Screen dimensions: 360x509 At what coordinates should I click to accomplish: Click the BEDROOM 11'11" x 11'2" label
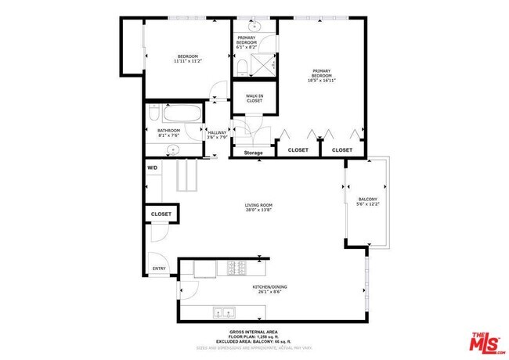coord(187,59)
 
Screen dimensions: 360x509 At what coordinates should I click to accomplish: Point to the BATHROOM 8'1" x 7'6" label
coord(168,132)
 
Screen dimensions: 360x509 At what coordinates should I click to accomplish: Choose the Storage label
coord(253,153)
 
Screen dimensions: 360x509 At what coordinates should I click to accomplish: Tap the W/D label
coord(153,168)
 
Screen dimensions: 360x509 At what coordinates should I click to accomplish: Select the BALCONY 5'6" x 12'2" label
coord(367,202)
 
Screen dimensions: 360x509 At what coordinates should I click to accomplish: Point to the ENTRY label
coord(159,269)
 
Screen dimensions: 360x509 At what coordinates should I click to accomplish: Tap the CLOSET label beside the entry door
coord(161,214)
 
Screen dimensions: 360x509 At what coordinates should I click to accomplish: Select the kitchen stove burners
coord(236,268)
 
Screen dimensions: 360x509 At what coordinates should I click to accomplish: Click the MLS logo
coord(486,342)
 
